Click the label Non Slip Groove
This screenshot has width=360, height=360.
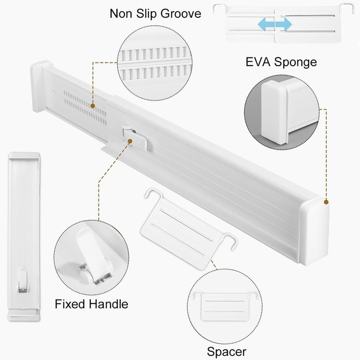pos(155,13)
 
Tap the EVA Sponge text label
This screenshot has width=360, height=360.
pos(281,62)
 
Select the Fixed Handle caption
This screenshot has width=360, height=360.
pos(91,304)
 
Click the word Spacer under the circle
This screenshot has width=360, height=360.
pos(226,351)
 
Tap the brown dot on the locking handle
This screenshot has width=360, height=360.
pos(130,141)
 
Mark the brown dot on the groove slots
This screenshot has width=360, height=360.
pos(92,107)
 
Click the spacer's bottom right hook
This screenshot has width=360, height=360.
pos(232,241)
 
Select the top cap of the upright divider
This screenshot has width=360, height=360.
pos(25,156)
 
